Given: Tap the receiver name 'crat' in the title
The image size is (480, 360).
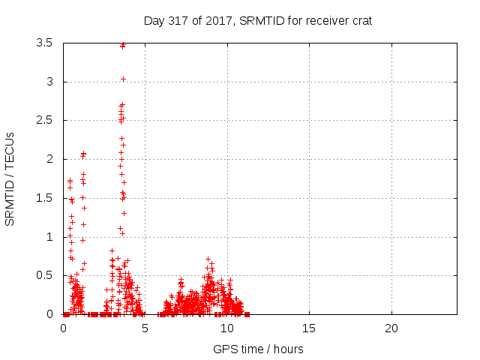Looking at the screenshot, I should pos(360,21).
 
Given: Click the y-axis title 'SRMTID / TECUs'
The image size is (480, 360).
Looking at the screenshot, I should pos(10,178).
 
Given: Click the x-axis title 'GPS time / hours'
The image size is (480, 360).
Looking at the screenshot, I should pos(258,349).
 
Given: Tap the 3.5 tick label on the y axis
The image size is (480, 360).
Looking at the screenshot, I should pos(43,43).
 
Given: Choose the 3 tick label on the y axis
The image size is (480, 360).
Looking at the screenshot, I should pos(49,82).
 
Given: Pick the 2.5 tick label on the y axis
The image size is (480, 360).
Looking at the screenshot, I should pos(43,120).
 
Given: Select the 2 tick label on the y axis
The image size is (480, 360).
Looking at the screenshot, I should pos(49,159).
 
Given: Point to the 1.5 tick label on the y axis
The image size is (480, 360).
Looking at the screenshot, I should pos(43,198).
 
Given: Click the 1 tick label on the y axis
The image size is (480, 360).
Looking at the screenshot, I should pos(49,237).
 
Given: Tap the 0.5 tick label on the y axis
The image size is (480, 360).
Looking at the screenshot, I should pos(43,275).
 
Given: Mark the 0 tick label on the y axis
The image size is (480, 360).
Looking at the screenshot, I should pos(49,314).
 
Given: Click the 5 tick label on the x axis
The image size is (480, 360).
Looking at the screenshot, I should pos(145,328).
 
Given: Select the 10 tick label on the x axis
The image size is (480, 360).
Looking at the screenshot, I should pos(226,328).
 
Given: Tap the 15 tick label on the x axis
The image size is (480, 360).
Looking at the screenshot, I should pos(309,328).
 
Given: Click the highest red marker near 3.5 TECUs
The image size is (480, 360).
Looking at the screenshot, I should pos(123,45).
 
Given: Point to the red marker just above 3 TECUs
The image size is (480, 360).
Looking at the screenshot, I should pos(123,79).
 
